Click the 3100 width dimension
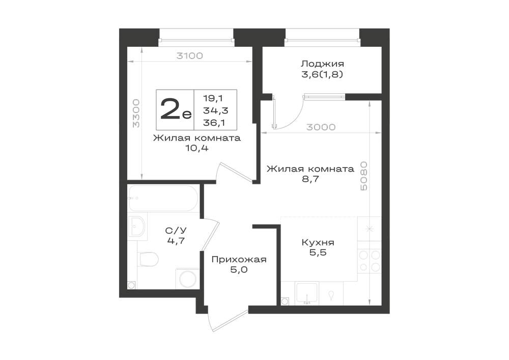click(x=189, y=56)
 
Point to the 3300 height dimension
click(x=136, y=113)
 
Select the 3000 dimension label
click(x=321, y=127)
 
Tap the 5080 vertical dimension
click(x=364, y=176)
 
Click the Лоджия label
click(x=322, y=64)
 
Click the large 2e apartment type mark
click(x=176, y=109)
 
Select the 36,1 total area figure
click(x=215, y=123)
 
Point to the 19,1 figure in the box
click(x=213, y=98)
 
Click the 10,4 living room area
click(x=196, y=148)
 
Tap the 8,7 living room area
click(x=310, y=179)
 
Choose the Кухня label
click(x=318, y=242)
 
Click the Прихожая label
click(x=239, y=259)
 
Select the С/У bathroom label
click(x=176, y=231)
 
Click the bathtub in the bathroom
click(x=163, y=199)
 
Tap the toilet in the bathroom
click(x=148, y=259)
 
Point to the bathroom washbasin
click(x=137, y=227)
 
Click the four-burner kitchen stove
click(x=370, y=261)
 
